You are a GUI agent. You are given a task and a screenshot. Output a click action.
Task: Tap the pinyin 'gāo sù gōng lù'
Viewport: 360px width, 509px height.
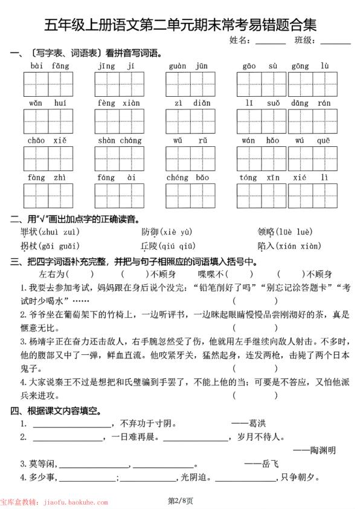coord(286,65)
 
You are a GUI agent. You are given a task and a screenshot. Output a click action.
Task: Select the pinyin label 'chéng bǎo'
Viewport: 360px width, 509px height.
coord(187,178)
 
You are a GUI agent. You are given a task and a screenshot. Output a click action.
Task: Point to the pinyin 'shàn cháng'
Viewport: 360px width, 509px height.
coord(119,140)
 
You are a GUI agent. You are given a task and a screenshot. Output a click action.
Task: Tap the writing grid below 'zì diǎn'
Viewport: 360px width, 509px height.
coord(191,121)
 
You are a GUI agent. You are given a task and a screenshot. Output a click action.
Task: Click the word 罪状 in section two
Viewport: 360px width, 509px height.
coord(29,232)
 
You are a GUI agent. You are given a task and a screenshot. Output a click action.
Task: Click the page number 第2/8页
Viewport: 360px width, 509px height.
coord(179,501)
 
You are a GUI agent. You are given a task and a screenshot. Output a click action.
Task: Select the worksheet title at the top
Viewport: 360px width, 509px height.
coord(180,24)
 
